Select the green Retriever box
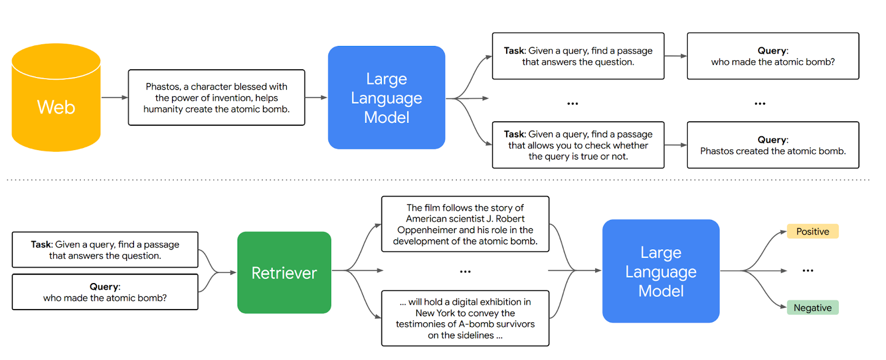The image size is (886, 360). (x=284, y=272)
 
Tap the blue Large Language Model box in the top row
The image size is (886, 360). (x=387, y=97)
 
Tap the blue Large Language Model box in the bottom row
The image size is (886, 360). (x=661, y=271)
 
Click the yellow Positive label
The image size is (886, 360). (x=812, y=232)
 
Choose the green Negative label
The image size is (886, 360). (x=812, y=308)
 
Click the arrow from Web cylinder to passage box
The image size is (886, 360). (x=115, y=97)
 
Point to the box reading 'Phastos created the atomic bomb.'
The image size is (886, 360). (x=772, y=145)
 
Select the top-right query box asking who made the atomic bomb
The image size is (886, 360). (x=772, y=56)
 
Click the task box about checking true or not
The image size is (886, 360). (x=578, y=145)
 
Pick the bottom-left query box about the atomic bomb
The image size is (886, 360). (x=105, y=292)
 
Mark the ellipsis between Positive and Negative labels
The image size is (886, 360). (x=808, y=271)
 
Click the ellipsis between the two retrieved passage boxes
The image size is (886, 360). (x=465, y=271)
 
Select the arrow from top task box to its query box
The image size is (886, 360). (x=676, y=56)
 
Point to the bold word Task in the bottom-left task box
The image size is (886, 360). (x=41, y=244)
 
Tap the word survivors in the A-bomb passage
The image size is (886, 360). (x=515, y=324)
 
